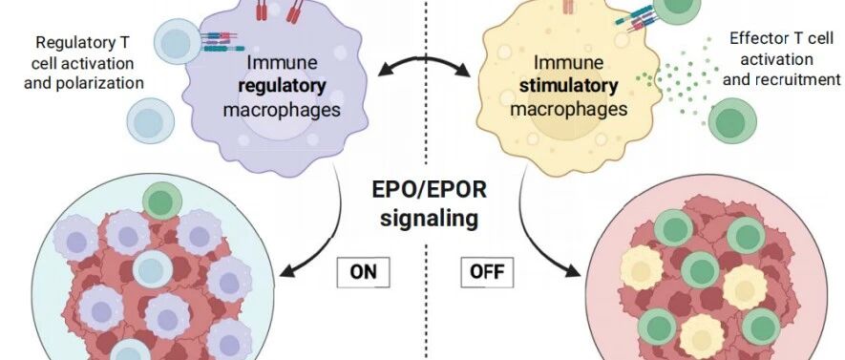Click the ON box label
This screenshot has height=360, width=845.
pos(363,272)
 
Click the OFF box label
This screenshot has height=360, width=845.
pos(487,272)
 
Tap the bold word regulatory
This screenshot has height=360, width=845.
pos(282,86)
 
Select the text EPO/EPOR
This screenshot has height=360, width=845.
pos(429,190)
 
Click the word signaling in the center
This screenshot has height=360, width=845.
pos(429,219)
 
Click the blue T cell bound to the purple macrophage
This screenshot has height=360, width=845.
pos(178,42)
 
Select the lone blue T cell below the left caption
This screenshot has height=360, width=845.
pos(150,121)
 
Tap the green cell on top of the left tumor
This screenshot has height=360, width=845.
pos(162,201)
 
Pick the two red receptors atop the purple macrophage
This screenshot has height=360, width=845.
pos(279,11)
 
